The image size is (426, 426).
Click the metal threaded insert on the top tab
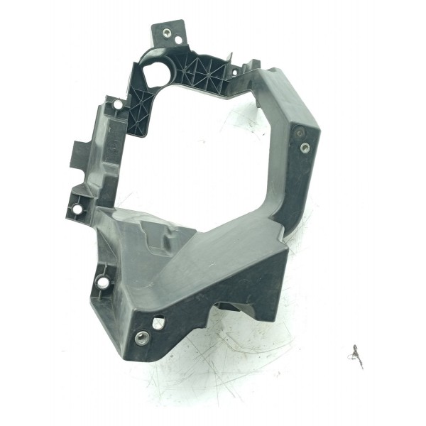pos(166,33)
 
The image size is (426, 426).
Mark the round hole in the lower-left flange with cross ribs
pos(104,283)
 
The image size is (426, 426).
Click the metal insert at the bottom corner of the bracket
pos(139,337)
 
